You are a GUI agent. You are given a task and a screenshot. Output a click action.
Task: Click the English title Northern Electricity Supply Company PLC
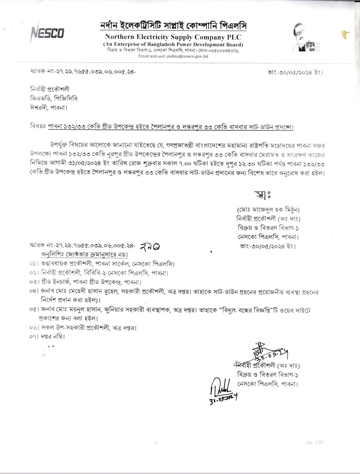[x=170, y=37]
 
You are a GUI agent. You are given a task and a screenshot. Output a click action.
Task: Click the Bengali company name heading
[x=173, y=26]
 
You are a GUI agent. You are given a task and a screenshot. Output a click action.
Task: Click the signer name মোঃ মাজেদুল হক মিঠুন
[x=268, y=210]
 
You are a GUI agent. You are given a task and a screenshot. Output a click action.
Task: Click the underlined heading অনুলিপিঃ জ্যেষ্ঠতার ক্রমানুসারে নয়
[x=84, y=255]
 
